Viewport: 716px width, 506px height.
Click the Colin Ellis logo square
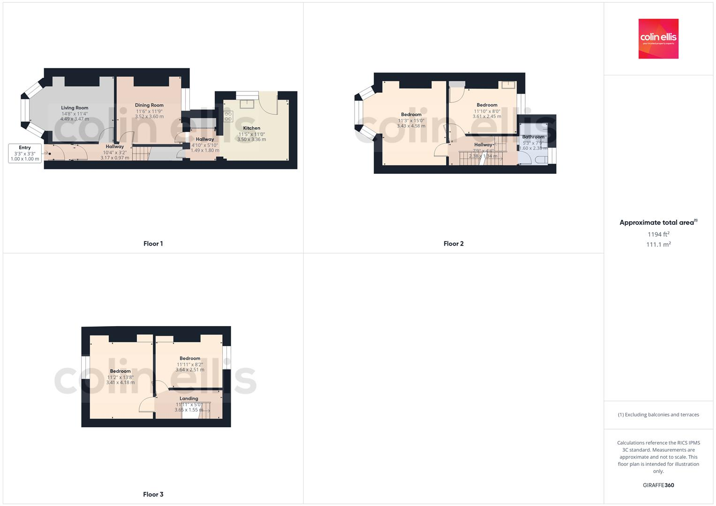click(x=658, y=38)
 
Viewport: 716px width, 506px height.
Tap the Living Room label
click(x=75, y=108)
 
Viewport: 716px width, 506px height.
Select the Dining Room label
click(x=149, y=105)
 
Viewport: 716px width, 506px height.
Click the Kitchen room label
click(x=251, y=128)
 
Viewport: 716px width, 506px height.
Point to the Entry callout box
click(x=25, y=153)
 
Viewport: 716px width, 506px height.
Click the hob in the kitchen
click(x=228, y=116)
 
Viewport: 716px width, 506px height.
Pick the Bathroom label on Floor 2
click(x=533, y=137)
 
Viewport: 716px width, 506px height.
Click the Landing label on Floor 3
click(x=189, y=398)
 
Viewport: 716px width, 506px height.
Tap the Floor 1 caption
click(x=153, y=244)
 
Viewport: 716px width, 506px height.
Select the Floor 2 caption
click(x=453, y=244)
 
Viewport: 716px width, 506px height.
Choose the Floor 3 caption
click(x=153, y=494)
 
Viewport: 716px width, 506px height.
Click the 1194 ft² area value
click(x=658, y=234)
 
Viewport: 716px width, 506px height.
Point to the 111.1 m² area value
click(x=658, y=245)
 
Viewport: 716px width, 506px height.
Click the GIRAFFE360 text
click(x=658, y=485)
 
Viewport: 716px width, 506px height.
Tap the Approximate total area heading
click(x=658, y=223)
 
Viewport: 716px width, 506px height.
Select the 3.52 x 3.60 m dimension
click(x=149, y=117)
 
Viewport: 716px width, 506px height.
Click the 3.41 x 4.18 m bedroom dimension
click(x=121, y=382)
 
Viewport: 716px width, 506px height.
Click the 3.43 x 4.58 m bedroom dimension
click(x=411, y=126)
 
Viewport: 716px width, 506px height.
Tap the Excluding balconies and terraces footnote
click(x=658, y=415)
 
